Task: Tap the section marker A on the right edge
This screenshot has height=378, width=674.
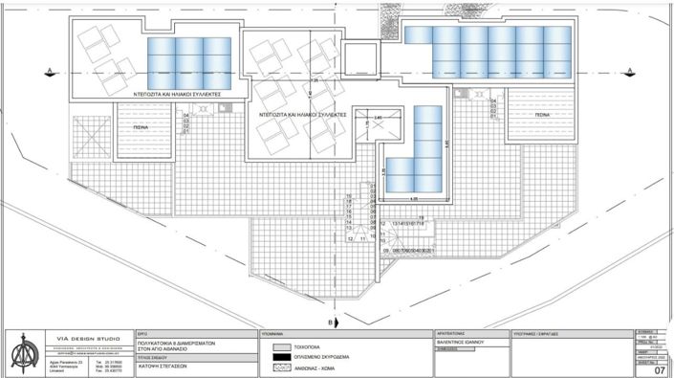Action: pyautogui.click(x=631, y=66)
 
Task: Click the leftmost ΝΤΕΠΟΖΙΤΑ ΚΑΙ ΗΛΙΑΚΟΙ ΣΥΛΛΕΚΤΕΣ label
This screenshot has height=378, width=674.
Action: pyautogui.click(x=178, y=97)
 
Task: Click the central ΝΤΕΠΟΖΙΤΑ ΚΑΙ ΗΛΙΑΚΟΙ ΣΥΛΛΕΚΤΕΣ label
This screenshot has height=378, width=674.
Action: pyautogui.click(x=302, y=114)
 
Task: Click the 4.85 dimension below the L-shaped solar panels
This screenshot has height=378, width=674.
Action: pyautogui.click(x=414, y=199)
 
